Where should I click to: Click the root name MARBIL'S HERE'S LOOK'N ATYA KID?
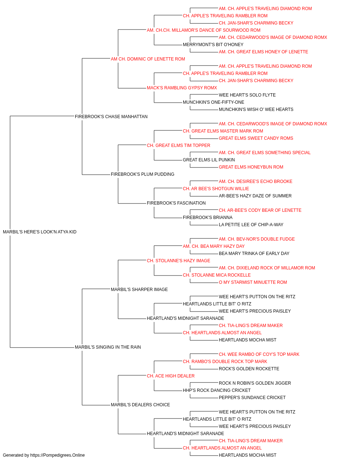[x=40, y=232]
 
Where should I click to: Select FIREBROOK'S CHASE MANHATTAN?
[x=111, y=116]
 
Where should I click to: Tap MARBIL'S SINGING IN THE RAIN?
[x=108, y=347]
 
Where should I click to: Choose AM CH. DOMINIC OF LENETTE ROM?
[x=148, y=59]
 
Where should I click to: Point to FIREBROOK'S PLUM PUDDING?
[x=143, y=174]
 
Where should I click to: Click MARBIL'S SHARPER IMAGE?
[x=139, y=289]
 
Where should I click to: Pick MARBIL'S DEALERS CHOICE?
[x=140, y=405]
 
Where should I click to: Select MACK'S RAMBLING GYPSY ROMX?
[x=182, y=88]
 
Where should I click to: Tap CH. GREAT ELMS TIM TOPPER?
[x=179, y=145]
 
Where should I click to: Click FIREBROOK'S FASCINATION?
[x=176, y=203]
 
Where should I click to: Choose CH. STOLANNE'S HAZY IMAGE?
[x=179, y=260]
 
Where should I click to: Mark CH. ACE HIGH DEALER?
[x=171, y=376]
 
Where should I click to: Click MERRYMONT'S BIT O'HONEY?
[x=213, y=45]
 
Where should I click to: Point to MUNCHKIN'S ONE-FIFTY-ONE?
[x=213, y=102]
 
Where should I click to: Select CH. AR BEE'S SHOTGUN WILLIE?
[x=216, y=189]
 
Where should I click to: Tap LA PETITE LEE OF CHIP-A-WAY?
[x=251, y=225]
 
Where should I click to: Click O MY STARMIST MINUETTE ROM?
[x=253, y=282]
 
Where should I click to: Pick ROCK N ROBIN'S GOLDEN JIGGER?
[x=255, y=383]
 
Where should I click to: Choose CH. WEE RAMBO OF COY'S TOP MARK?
[x=259, y=354]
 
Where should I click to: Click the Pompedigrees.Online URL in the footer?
[x=57, y=455]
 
